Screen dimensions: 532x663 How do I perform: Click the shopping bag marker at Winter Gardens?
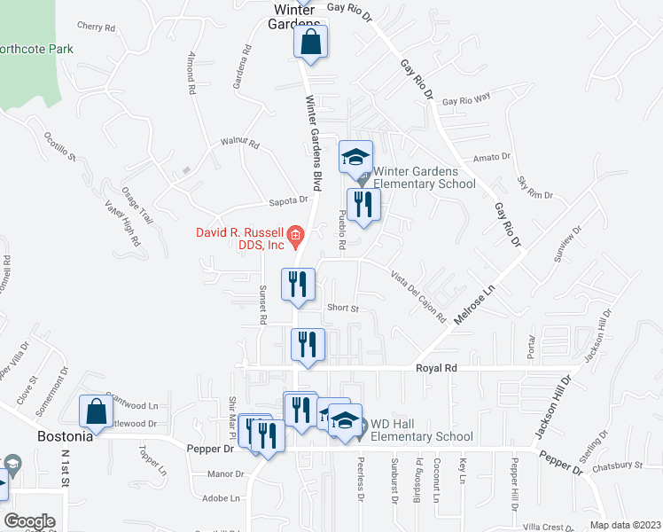click(311, 42)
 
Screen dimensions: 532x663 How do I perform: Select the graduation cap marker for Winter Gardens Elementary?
click(355, 158)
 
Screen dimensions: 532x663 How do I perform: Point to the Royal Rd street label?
click(438, 367)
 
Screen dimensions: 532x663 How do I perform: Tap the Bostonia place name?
click(66, 437)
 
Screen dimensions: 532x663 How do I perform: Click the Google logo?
click(29, 520)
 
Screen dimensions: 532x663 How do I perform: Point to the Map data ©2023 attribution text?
click(625, 525)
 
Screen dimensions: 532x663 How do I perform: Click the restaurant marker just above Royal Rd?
click(308, 344)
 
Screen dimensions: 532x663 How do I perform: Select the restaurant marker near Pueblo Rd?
click(363, 205)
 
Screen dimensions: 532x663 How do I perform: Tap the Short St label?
click(341, 309)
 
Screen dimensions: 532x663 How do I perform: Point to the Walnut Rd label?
click(239, 143)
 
